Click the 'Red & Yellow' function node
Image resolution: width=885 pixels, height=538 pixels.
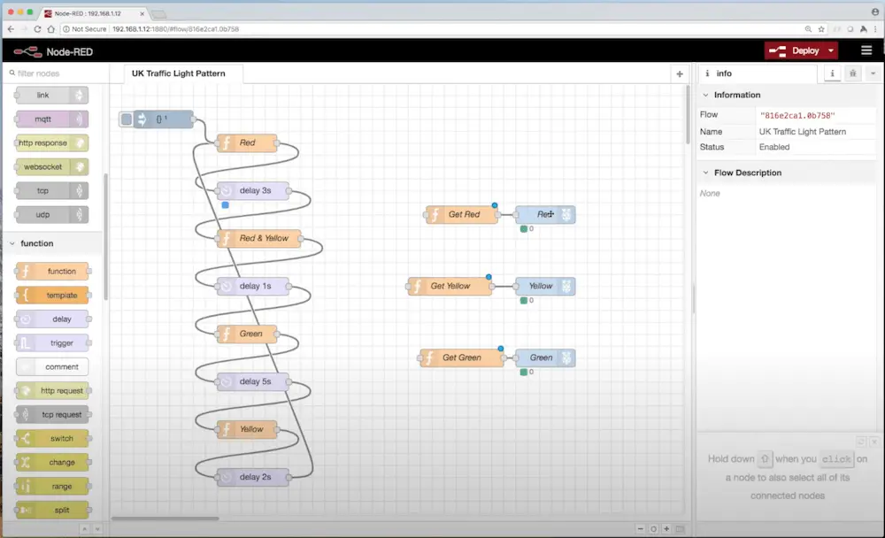pyautogui.click(x=258, y=238)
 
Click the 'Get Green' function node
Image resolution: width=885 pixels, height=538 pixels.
pyautogui.click(x=461, y=357)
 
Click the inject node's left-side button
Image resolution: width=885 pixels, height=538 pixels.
pyautogui.click(x=127, y=119)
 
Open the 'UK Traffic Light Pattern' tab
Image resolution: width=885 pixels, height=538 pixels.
pyautogui.click(x=179, y=73)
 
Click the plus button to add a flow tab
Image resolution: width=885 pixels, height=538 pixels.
pyautogui.click(x=680, y=74)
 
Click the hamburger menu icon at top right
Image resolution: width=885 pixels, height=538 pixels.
pyautogui.click(x=866, y=50)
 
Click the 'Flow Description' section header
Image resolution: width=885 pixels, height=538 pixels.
pyautogui.click(x=747, y=173)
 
